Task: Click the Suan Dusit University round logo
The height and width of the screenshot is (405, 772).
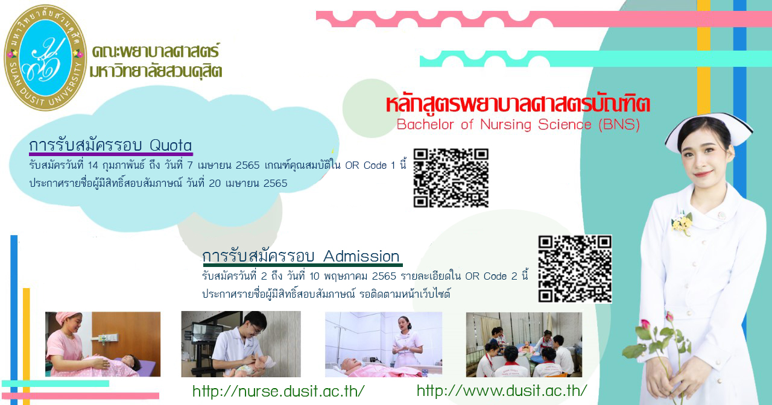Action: pos(45,57)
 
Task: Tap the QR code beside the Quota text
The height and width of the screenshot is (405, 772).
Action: pos(451,178)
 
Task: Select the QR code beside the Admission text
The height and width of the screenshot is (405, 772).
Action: pos(575,269)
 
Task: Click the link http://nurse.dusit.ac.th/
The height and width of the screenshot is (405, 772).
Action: pos(279,391)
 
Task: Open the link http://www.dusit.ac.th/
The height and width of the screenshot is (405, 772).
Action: pos(502,391)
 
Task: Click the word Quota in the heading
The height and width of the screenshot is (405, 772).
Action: pos(171,145)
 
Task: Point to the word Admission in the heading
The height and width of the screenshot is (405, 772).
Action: pos(361,256)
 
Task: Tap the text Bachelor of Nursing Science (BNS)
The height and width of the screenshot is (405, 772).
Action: pos(518,125)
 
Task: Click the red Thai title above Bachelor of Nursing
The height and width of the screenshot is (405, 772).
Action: pos(517,104)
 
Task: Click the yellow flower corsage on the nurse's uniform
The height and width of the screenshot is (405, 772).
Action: pos(682,223)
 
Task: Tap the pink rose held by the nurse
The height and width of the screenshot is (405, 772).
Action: pos(645,324)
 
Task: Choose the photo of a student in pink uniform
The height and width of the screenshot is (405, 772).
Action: pos(103,344)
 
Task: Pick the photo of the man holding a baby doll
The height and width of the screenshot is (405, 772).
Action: pos(241,344)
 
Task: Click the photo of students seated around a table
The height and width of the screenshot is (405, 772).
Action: pos(524,344)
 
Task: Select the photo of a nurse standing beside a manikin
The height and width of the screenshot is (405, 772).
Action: pos(383,344)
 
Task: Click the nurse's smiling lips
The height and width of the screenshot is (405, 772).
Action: pos(703,173)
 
